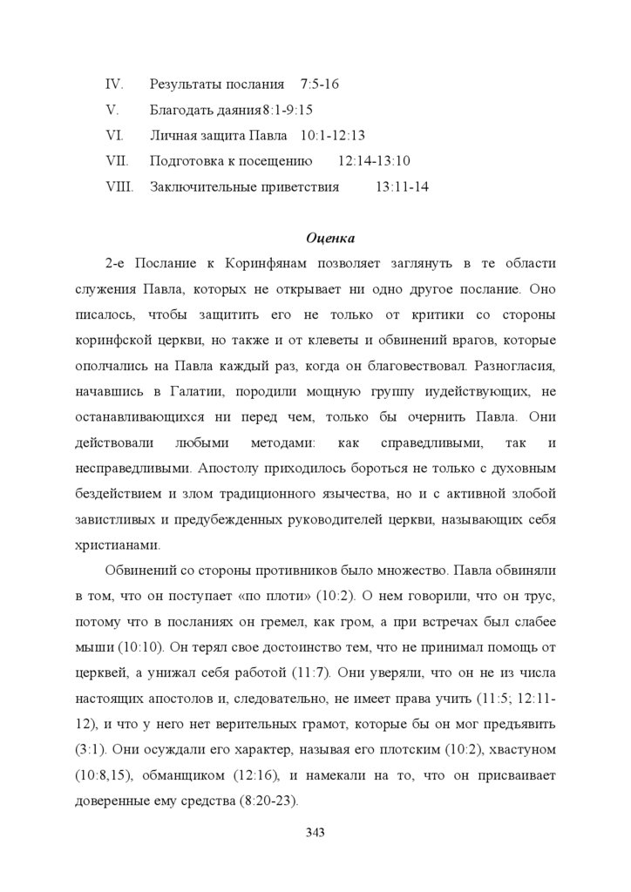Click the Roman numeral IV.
click(x=113, y=84)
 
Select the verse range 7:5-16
click(x=319, y=84)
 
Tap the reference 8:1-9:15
click(x=288, y=110)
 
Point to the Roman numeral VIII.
click(x=119, y=186)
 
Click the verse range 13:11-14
click(x=402, y=186)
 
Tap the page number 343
click(x=315, y=833)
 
